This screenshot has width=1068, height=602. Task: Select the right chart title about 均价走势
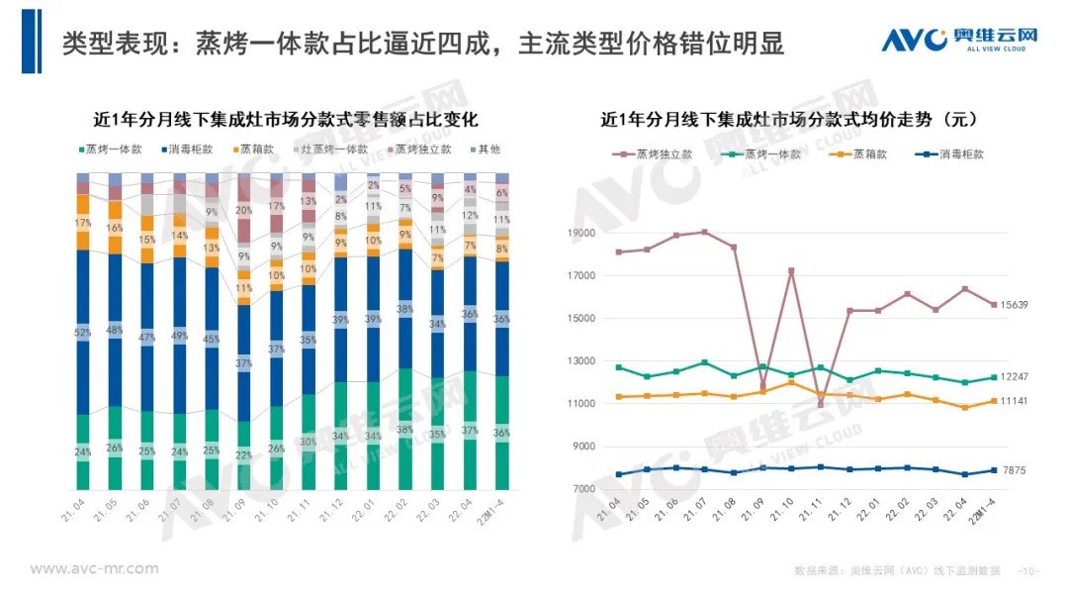(790, 120)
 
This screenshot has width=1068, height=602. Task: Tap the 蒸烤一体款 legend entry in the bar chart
(111, 150)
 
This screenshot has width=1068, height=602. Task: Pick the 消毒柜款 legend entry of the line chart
(950, 154)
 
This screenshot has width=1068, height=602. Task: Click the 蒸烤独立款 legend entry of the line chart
(652, 154)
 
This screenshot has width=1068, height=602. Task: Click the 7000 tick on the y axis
(582, 489)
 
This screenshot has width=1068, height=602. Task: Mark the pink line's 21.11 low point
(820, 404)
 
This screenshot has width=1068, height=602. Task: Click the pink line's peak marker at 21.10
(791, 270)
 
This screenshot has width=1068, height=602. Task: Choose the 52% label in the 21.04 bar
(83, 333)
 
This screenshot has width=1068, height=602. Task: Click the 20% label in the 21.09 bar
(243, 211)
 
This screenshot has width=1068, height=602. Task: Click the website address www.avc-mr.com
(94, 568)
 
